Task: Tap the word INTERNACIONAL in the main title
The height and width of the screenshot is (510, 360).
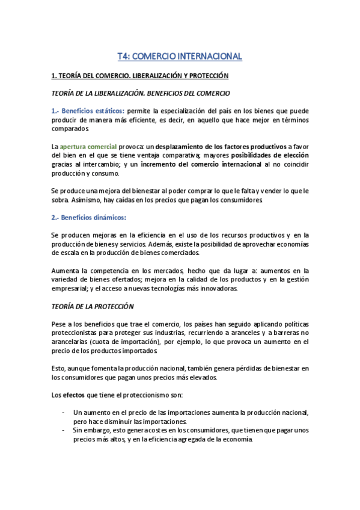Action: coord(206,57)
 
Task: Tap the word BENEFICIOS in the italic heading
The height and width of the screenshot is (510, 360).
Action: coord(178,93)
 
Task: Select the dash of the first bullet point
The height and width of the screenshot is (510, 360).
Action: coord(64,412)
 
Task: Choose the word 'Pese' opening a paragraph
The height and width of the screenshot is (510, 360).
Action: coord(59,324)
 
